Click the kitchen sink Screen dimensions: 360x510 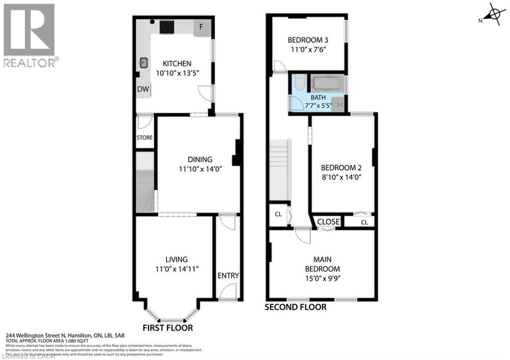144,63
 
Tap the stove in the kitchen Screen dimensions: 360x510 167,26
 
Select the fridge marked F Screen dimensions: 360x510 202,27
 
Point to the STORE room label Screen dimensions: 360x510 144,137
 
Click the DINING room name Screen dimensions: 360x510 200,159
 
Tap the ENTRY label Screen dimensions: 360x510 228,276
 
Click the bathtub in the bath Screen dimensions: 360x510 327,83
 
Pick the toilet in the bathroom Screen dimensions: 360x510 299,82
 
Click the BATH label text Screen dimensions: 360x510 318,98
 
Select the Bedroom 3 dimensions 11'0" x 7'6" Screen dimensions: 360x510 307,49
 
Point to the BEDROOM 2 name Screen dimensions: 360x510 341,168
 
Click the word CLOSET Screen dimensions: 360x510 329,222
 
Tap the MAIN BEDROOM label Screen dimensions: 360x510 322,264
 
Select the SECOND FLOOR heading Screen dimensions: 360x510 295,307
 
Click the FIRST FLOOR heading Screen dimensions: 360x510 167,328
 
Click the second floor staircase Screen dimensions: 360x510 279,169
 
